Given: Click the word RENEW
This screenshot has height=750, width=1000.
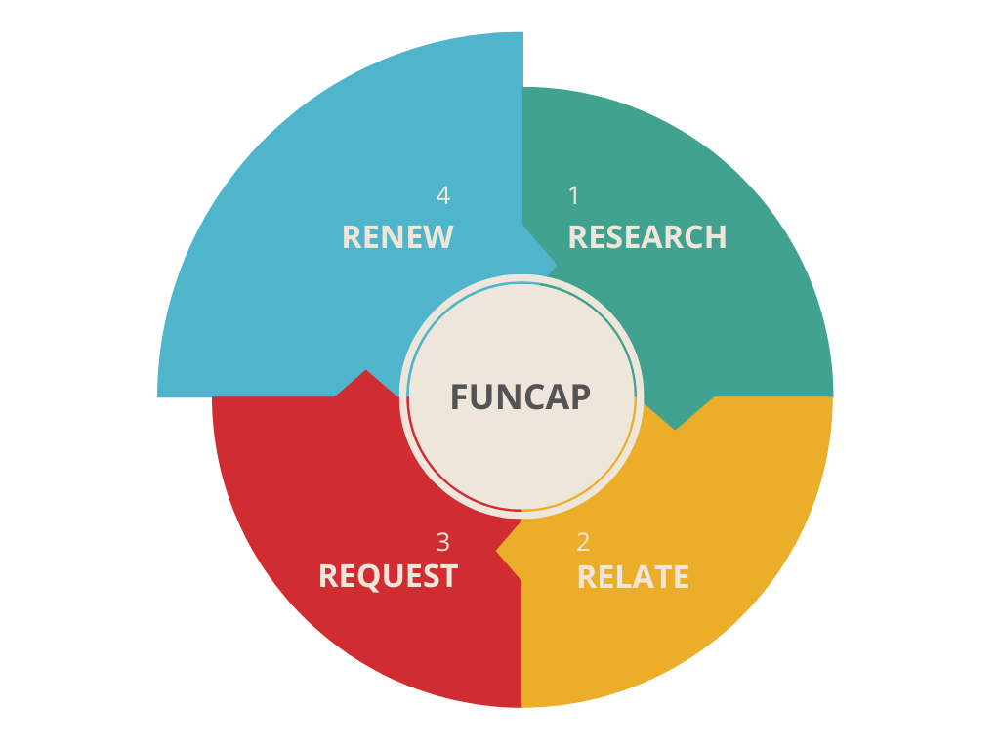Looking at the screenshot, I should point(397,237).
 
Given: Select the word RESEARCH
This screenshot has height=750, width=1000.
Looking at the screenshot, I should point(646,237).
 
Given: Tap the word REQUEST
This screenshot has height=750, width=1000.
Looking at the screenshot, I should point(388,576).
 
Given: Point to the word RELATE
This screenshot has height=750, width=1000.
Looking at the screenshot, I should point(633,577).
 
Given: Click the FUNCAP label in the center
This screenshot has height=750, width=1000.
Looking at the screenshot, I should point(520,397).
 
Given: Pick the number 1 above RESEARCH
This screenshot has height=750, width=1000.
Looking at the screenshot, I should point(574,196).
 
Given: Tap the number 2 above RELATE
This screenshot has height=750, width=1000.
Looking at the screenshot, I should point(583,542).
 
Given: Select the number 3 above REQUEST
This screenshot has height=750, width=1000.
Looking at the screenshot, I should point(443,542).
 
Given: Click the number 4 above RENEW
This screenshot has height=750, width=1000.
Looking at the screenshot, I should point(443,196).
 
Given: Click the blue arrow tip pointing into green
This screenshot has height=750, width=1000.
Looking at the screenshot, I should point(554,263).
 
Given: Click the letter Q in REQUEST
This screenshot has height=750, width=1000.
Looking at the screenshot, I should point(384,577).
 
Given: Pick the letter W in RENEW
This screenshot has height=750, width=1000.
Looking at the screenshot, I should point(438,237).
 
